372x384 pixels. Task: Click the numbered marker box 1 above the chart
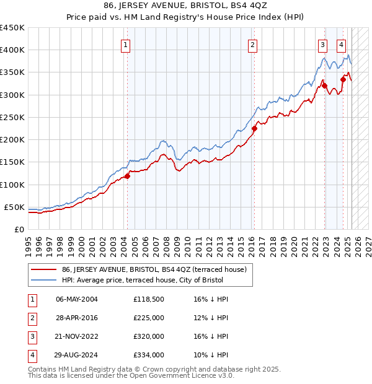tap(126, 44)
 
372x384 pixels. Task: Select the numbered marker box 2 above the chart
tap(253, 44)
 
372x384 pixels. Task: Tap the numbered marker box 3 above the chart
tap(323, 44)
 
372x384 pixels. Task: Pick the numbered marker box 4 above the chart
tap(342, 44)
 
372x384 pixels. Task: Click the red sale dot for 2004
tap(127, 177)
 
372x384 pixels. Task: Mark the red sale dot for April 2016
tap(254, 129)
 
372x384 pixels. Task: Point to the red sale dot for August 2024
tap(343, 79)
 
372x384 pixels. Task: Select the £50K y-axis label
tap(14, 207)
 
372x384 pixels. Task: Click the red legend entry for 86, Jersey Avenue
tap(154, 269)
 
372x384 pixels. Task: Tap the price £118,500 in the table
tap(148, 299)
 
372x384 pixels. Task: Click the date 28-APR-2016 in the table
tap(76, 318)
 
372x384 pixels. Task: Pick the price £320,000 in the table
tap(148, 336)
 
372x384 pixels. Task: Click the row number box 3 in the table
tap(32, 336)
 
